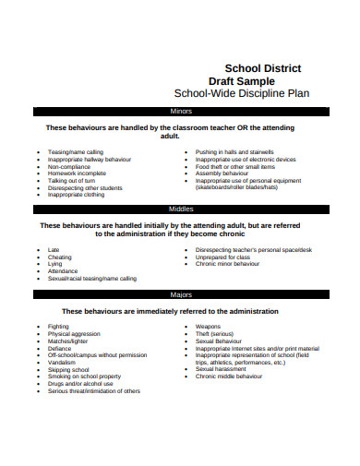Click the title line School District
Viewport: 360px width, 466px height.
[x=263, y=68]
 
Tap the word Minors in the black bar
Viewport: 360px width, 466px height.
[x=182, y=111]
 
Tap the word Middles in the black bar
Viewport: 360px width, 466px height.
[x=181, y=209]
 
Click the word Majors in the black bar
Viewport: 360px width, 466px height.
[x=181, y=294]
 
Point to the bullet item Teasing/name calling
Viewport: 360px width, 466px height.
[x=76, y=150]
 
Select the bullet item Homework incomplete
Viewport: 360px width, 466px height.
[x=77, y=173]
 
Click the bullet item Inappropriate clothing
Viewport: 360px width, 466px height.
[x=78, y=195]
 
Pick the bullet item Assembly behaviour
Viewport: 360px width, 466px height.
[x=223, y=173]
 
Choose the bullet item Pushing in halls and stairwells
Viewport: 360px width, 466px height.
[x=235, y=150]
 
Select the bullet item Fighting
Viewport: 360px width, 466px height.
[x=60, y=326]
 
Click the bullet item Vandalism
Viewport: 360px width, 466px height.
[x=63, y=362]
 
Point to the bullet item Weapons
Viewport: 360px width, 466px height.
[x=209, y=326]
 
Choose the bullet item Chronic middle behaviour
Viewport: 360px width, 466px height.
[x=230, y=376]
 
